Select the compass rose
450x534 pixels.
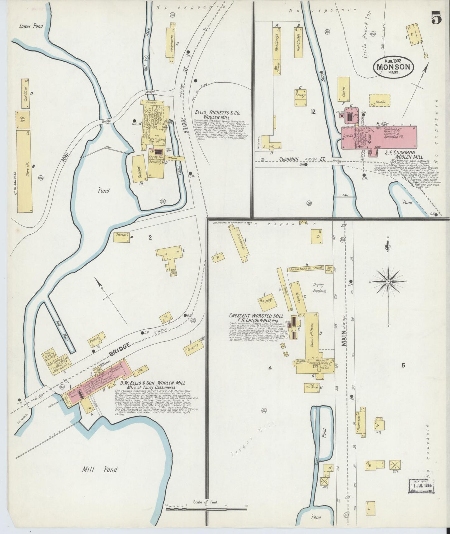click(388, 282)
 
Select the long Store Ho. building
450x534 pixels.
click(25, 171)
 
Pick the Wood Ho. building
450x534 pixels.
click(378, 102)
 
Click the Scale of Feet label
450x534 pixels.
click(206, 502)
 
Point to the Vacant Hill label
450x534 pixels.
click(252, 440)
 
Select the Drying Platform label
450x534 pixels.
click(319, 288)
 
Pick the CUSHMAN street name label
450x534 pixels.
click(289, 159)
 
